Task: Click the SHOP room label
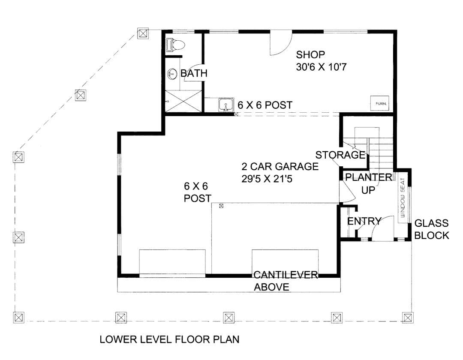pos(310,54)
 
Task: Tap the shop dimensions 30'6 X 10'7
pos(321,67)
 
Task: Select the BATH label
pos(194,73)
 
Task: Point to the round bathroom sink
pos(172,73)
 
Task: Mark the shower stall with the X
pos(183,101)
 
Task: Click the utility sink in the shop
pos(226,105)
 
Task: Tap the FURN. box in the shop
pos(380,103)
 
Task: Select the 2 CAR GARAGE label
pos(280,166)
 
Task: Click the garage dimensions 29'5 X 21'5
pos(267,179)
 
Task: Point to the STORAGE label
pos(340,155)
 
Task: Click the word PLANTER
pos(369,177)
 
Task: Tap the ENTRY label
pos(364,221)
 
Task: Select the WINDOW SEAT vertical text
pos(403,198)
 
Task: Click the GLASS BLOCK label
pos(432,229)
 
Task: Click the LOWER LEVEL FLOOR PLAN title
pos(169,339)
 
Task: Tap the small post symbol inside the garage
pos(221,206)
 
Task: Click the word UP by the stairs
pos(368,190)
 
